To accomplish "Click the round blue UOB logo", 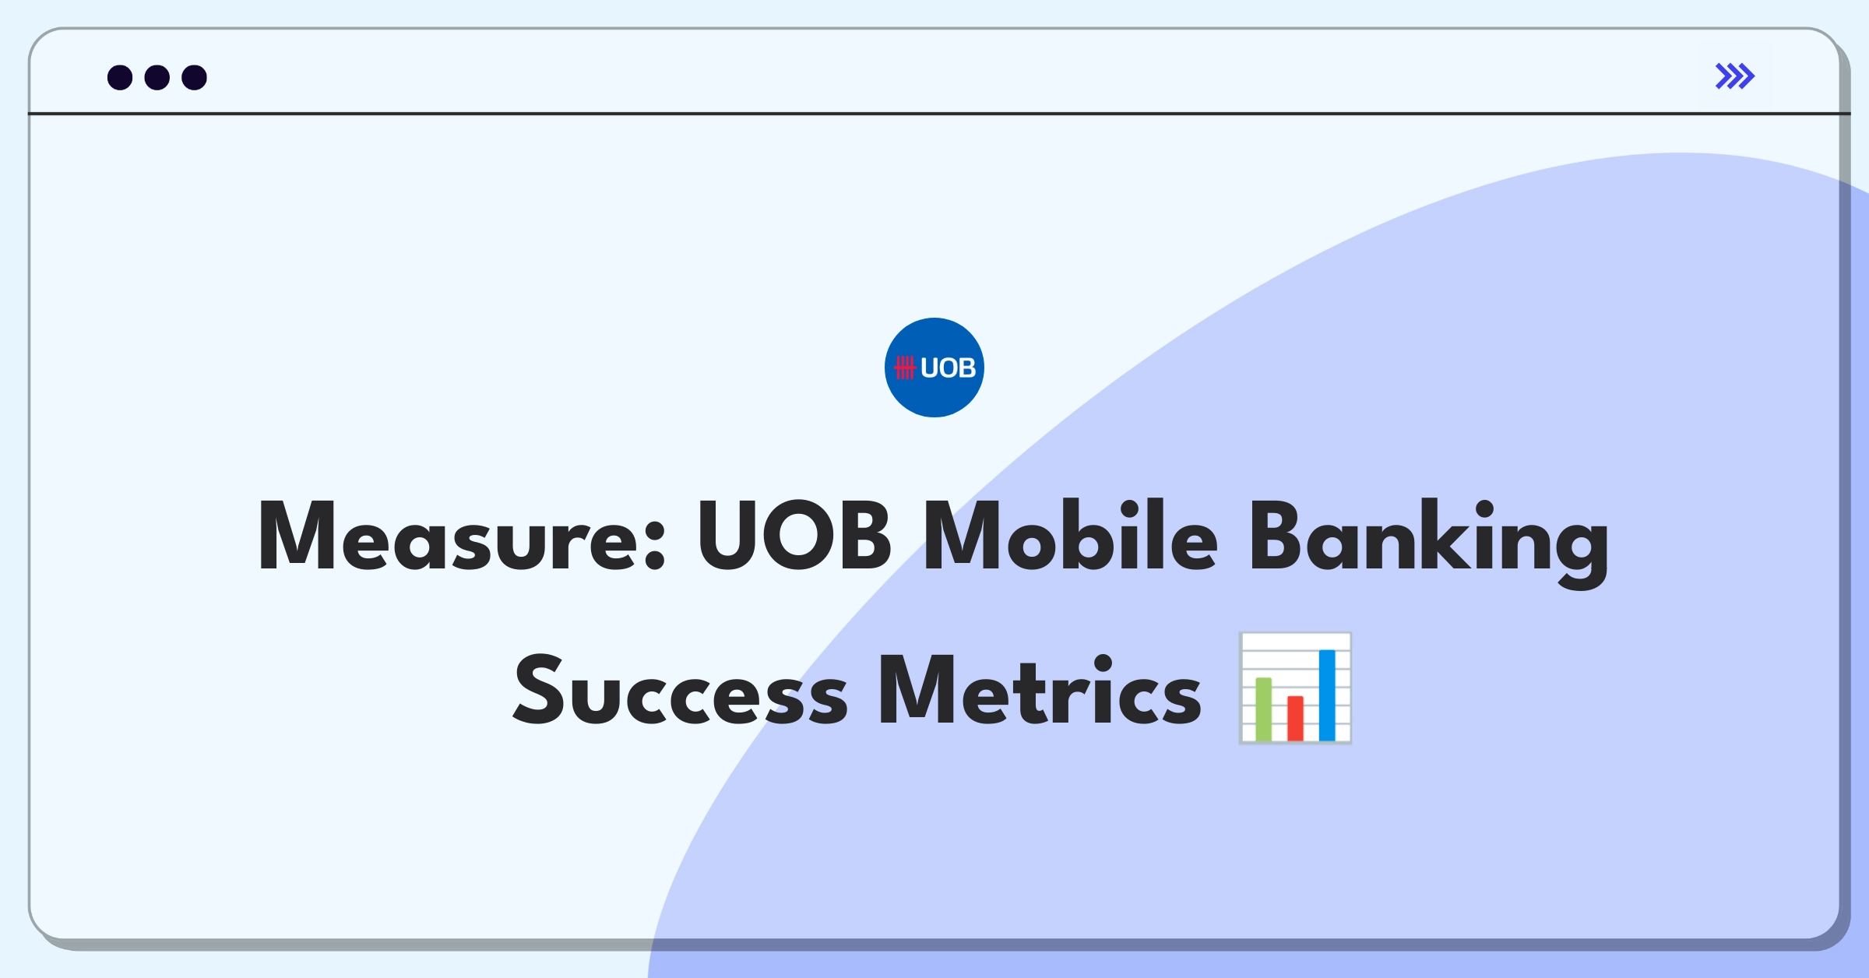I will (x=934, y=367).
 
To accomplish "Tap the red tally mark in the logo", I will (x=904, y=368).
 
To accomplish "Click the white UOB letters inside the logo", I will (x=948, y=368).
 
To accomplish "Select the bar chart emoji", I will (x=1295, y=688).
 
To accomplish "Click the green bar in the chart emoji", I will (x=1263, y=709).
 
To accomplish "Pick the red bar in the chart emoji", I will (x=1295, y=718).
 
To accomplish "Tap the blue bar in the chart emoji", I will (x=1327, y=695).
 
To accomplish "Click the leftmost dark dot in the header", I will (x=120, y=77).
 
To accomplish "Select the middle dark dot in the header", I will (x=157, y=77).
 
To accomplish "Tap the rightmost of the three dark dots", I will (x=195, y=77).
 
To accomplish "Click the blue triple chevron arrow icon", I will (x=1734, y=76).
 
